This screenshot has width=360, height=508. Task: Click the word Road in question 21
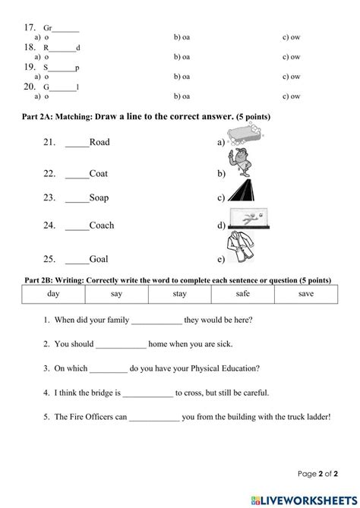tap(99, 142)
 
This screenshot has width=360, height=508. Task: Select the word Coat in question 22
tap(99, 173)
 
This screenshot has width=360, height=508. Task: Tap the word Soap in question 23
tap(99, 197)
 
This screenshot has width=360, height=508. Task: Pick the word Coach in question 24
tap(102, 225)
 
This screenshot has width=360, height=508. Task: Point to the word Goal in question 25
tap(99, 258)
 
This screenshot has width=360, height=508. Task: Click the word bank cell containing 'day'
tap(53, 293)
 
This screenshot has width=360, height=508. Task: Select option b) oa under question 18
tap(182, 57)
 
